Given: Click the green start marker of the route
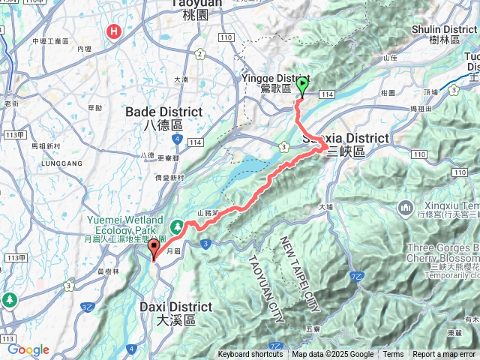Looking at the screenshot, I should pos(302,86).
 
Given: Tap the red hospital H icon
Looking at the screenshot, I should pos(114,31).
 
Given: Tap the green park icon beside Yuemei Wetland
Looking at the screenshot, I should pos(178,225).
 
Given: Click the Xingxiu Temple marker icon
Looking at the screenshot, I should pos(406,206).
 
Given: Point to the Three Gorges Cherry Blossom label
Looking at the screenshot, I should pos(442,253).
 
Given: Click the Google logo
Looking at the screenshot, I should pos(28,349).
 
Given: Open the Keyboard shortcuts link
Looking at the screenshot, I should pos(250,355).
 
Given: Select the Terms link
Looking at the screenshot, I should pos(393,355).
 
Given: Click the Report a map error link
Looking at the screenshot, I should pos(445,355).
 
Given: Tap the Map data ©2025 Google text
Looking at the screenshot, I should pos(332,355).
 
